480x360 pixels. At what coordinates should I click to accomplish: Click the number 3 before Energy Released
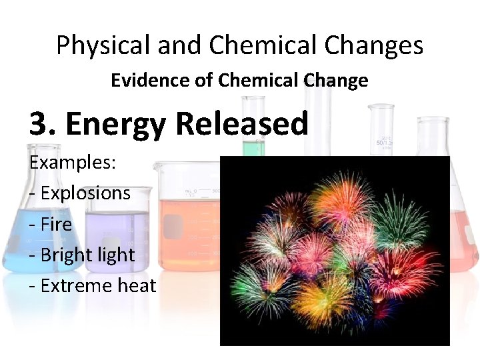coord(39,124)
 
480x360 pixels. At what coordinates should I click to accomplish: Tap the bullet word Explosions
coord(85,193)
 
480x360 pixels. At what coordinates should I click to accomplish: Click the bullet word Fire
coord(56,224)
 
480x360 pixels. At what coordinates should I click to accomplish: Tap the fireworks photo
coord(335,251)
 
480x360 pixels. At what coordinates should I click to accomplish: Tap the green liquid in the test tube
coord(254,148)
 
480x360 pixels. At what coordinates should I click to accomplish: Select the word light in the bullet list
coord(115,255)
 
